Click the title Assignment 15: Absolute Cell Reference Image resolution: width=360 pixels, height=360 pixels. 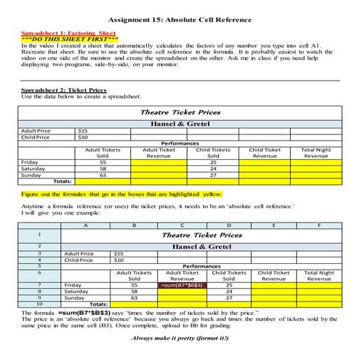point(180,21)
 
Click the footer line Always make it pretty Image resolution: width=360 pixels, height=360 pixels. point(180,338)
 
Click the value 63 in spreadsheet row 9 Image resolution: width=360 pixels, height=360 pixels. point(134,297)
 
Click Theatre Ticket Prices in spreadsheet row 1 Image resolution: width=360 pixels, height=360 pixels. point(201,236)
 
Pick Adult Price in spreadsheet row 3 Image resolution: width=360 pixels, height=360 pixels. point(79,253)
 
